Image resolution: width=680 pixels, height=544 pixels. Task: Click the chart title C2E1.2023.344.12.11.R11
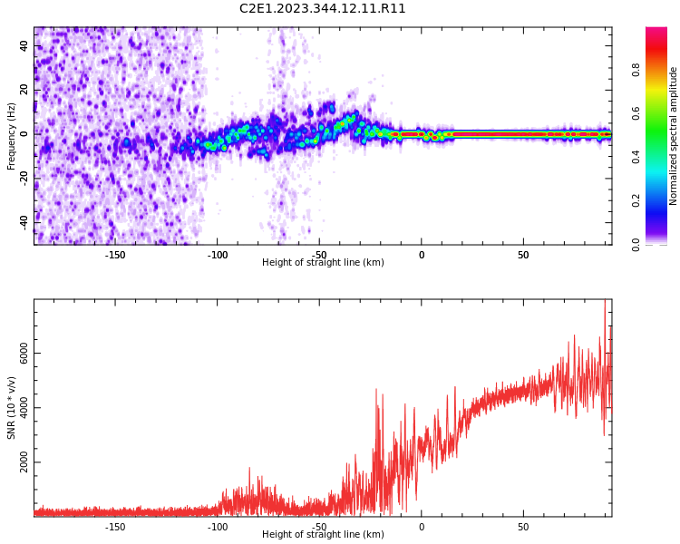point(323,9)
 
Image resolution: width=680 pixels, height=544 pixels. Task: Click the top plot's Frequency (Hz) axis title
point(12,136)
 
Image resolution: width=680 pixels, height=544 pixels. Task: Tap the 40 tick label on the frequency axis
point(24,45)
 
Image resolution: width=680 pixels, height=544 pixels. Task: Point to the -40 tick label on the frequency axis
point(24,220)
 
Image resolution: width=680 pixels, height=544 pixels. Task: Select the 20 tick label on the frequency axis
point(24,90)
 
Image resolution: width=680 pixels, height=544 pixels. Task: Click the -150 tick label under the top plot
point(115,255)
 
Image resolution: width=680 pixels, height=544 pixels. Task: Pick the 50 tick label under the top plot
point(523,255)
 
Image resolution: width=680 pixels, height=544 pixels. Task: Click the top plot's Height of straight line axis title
point(323,263)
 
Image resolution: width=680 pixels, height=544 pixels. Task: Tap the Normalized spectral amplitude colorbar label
point(674,136)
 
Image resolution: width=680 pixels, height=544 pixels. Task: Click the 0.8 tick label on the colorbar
point(636,69)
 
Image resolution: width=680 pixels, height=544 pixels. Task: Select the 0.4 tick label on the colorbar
point(636,156)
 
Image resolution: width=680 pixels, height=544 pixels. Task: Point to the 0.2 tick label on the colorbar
point(636,200)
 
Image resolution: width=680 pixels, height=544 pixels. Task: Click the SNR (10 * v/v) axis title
point(12,408)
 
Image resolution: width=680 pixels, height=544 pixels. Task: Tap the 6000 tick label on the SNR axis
point(24,354)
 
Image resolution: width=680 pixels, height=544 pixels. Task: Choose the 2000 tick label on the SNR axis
point(24,462)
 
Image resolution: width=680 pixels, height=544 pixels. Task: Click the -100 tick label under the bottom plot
point(218,527)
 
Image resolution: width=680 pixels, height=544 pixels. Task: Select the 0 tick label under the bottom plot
point(421,527)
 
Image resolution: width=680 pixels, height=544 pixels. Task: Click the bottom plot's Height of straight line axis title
point(323,535)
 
